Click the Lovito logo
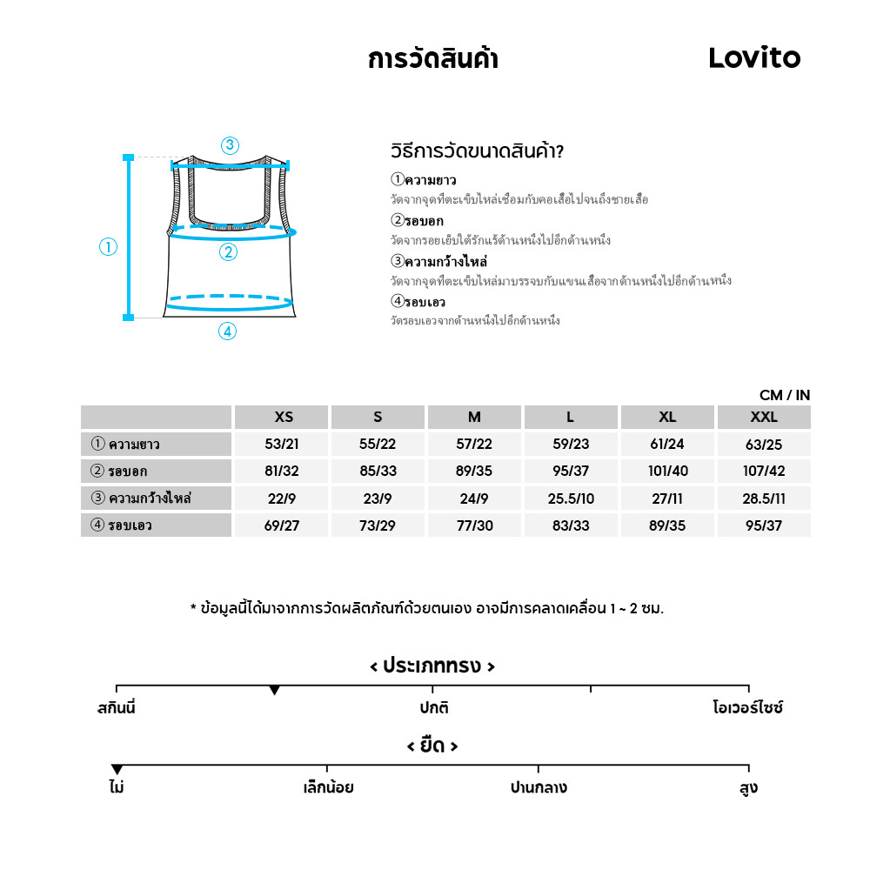pyautogui.click(x=753, y=58)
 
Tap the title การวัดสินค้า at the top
pyautogui.click(x=432, y=59)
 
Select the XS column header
pyautogui.click(x=283, y=418)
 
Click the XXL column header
pyautogui.click(x=763, y=418)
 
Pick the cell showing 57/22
pyautogui.click(x=474, y=445)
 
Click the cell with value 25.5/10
pyautogui.click(x=570, y=499)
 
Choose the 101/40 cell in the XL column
pyautogui.click(x=667, y=472)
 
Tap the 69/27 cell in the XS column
pyautogui.click(x=282, y=525)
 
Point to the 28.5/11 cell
pyautogui.click(x=763, y=499)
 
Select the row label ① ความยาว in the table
pyautogui.click(x=126, y=445)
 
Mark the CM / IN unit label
pyautogui.click(x=784, y=395)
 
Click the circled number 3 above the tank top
pyautogui.click(x=230, y=145)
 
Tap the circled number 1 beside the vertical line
pyautogui.click(x=108, y=247)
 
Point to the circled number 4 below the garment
pyautogui.click(x=227, y=331)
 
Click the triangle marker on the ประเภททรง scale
pyautogui.click(x=274, y=690)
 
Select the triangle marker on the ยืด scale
pyautogui.click(x=117, y=769)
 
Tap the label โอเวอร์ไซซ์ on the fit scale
pyautogui.click(x=747, y=707)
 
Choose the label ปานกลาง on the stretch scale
pyautogui.click(x=539, y=788)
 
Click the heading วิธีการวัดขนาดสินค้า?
pyautogui.click(x=478, y=151)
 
